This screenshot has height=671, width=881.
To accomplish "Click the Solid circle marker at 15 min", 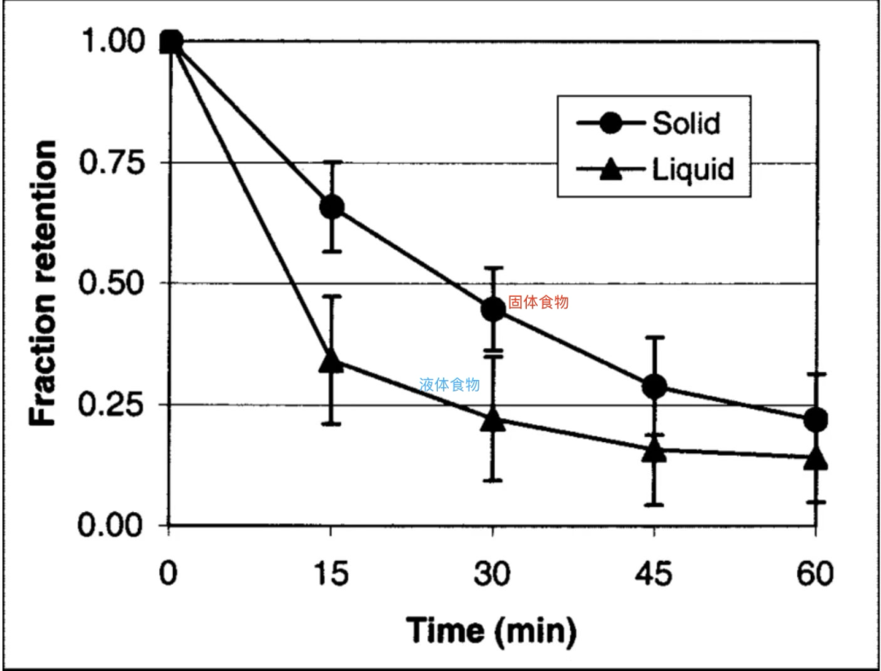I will pyautogui.click(x=331, y=207).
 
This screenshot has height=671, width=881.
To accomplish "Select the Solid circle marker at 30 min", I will pyautogui.click(x=493, y=310).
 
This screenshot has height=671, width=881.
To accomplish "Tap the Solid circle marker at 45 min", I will pyautogui.click(x=654, y=386).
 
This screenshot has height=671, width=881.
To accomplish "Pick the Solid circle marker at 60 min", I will pyautogui.click(x=816, y=421).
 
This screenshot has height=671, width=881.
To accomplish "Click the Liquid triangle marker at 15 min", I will pyautogui.click(x=331, y=360).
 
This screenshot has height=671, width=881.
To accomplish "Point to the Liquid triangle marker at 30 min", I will pyautogui.click(x=493, y=421).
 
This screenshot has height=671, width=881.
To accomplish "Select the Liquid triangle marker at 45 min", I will pyautogui.click(x=654, y=450).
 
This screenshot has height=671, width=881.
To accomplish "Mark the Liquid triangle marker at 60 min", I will pyautogui.click(x=816, y=458).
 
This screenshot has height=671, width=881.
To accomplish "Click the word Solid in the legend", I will pyautogui.click(x=686, y=124).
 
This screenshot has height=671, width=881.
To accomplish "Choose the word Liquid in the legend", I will pyautogui.click(x=693, y=170).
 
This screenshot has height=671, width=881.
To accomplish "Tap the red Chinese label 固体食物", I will pyautogui.click(x=538, y=302).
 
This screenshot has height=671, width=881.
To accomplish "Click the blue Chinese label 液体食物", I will pyautogui.click(x=449, y=384).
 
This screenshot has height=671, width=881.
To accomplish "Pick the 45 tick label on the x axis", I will pyautogui.click(x=654, y=574).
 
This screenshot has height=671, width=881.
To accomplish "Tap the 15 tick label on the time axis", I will pyautogui.click(x=330, y=574).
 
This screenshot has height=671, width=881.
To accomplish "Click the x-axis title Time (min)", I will pyautogui.click(x=491, y=629).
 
